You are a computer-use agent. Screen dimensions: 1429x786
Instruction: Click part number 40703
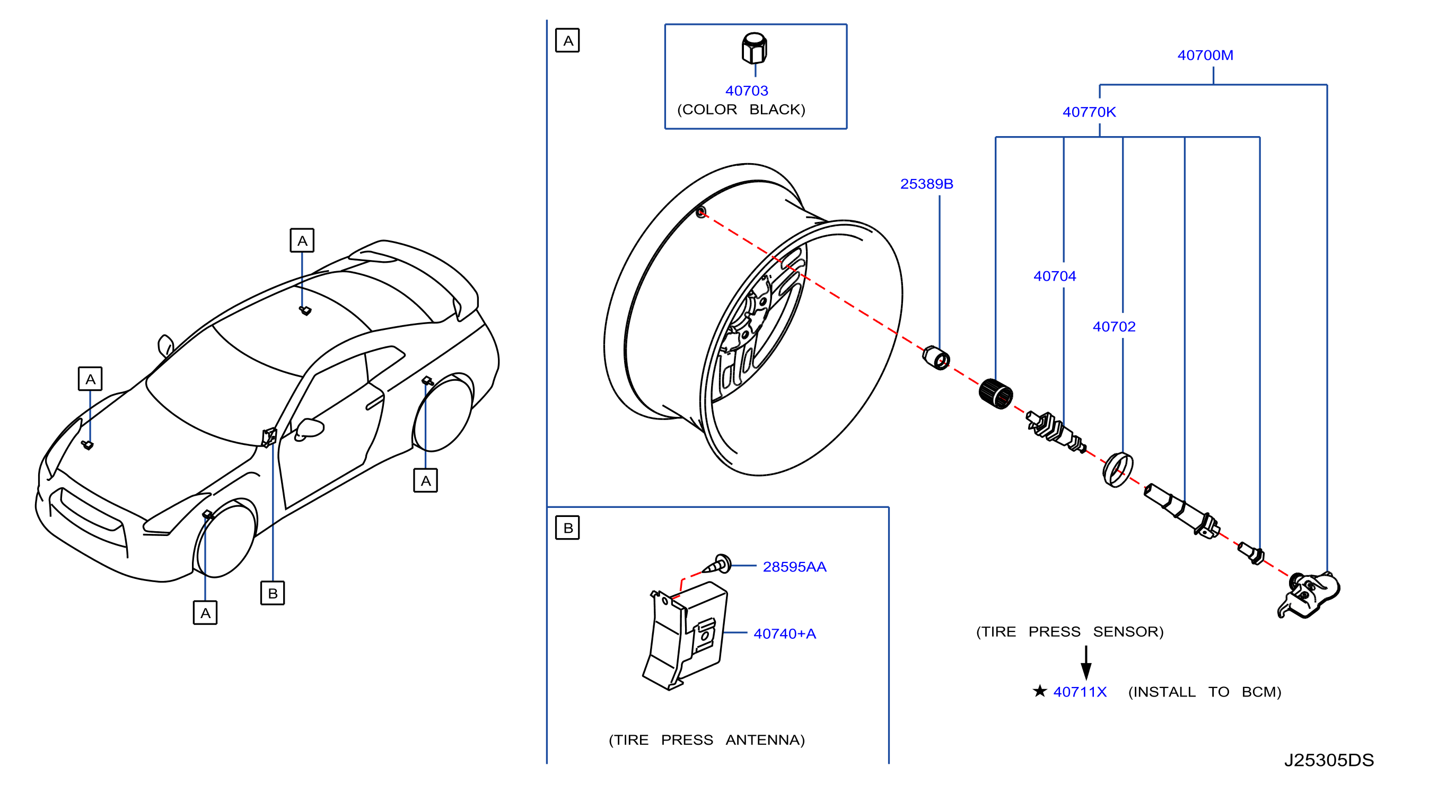coord(746,91)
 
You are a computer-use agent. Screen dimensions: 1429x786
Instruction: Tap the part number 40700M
coord(1205,55)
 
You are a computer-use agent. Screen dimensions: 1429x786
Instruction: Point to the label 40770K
coord(1089,111)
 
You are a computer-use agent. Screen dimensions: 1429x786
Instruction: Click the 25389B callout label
coord(926,183)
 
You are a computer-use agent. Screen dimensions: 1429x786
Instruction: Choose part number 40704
coord(1054,275)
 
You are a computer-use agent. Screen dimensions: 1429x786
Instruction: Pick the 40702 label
coord(1114,326)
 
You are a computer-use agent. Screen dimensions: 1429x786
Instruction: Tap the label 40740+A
coord(784,633)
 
